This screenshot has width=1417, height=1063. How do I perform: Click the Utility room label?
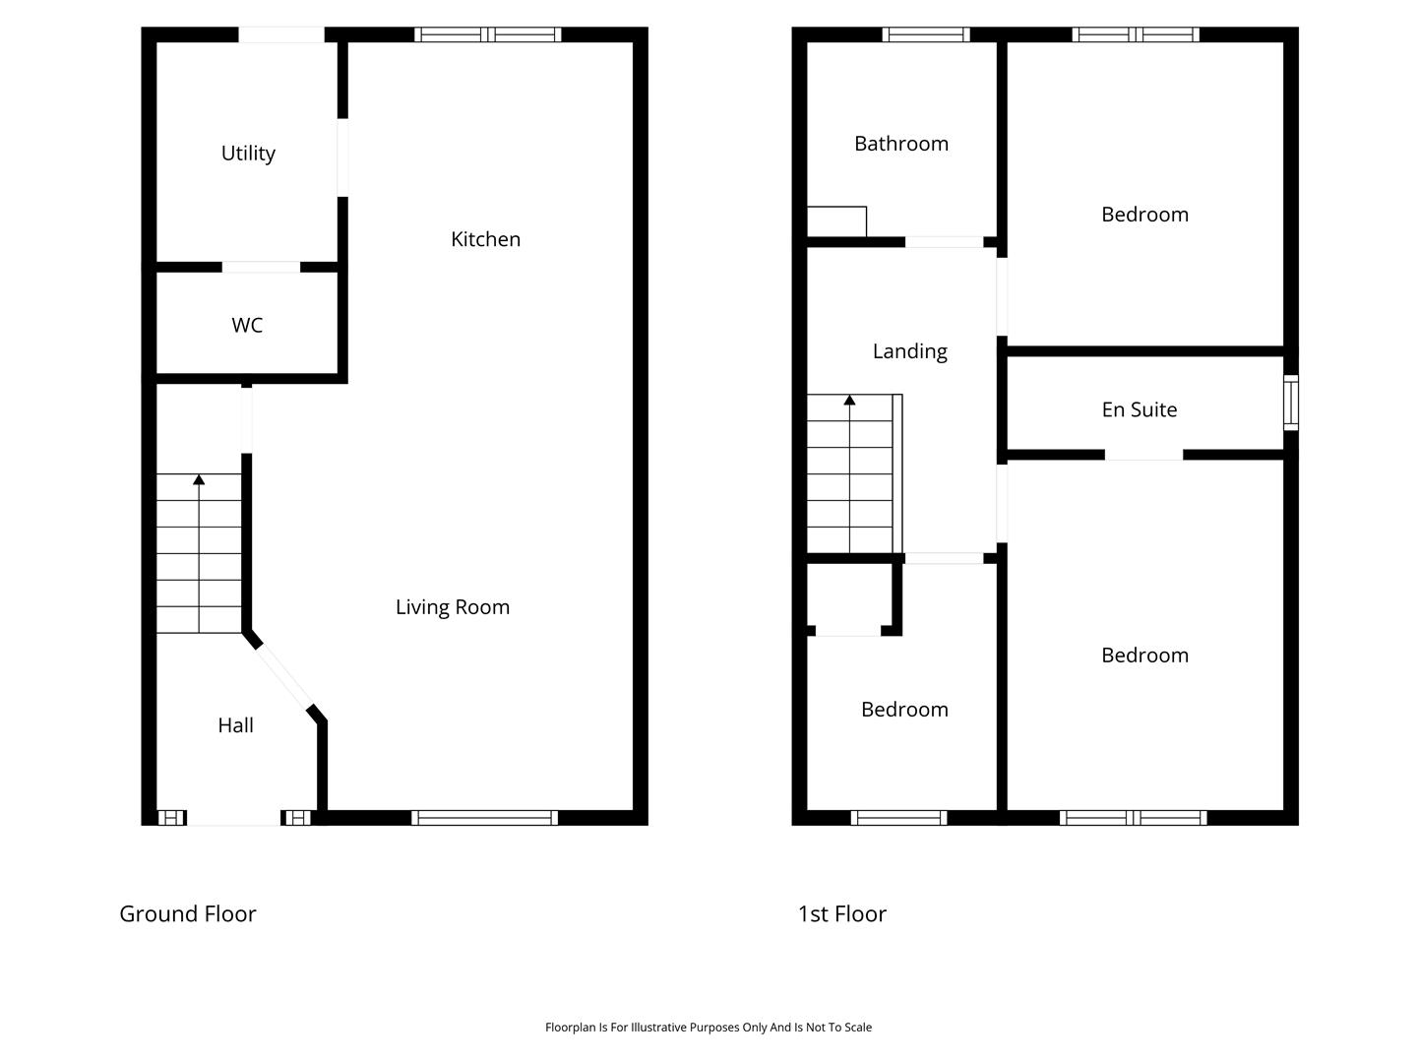[248, 154]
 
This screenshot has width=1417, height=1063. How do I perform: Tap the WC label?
[247, 325]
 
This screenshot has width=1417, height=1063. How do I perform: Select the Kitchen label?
[485, 239]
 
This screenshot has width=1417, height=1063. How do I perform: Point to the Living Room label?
[453, 607]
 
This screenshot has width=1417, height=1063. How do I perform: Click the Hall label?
[235, 725]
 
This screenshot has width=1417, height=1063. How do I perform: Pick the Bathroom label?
[901, 144]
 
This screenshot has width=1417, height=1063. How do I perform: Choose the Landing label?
[909, 351]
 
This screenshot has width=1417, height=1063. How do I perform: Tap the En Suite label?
[1140, 409]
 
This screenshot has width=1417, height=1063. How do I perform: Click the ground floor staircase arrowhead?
[199, 479]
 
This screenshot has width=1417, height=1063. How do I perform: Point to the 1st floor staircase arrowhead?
[849, 401]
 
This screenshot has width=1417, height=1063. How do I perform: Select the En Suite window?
[1290, 403]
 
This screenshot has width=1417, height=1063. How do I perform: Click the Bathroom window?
[926, 34]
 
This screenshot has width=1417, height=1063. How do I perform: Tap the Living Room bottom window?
[484, 818]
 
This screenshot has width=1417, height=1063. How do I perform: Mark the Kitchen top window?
[487, 34]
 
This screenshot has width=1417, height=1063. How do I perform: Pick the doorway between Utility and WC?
[262, 267]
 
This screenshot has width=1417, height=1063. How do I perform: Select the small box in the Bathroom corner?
[836, 221]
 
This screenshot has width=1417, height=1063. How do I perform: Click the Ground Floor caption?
[188, 914]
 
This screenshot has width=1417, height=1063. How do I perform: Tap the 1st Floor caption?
[841, 914]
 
